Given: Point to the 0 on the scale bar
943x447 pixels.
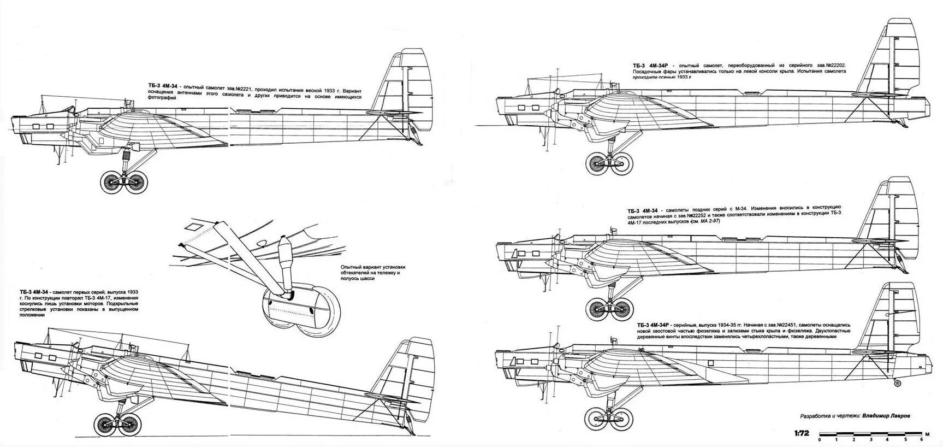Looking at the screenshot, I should coord(819,439).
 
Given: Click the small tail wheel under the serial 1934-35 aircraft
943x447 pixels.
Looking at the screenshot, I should coord(898,384).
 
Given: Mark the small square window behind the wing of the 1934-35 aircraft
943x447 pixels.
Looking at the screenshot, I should coord(711,362).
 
